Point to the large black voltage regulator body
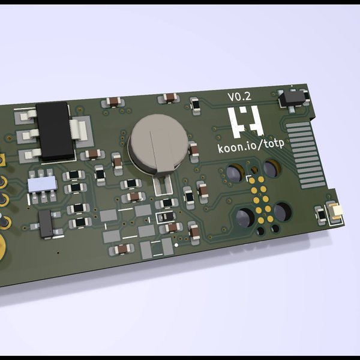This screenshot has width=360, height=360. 55,131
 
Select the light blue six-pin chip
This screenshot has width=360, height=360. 43,182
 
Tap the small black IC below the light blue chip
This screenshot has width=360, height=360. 46,223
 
